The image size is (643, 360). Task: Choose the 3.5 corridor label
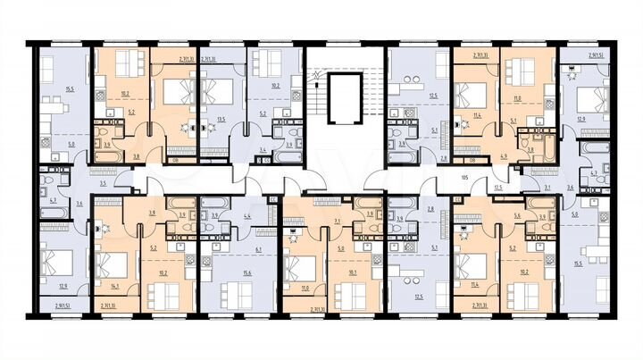point(104,183)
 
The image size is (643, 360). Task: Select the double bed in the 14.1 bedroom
point(111,264)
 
